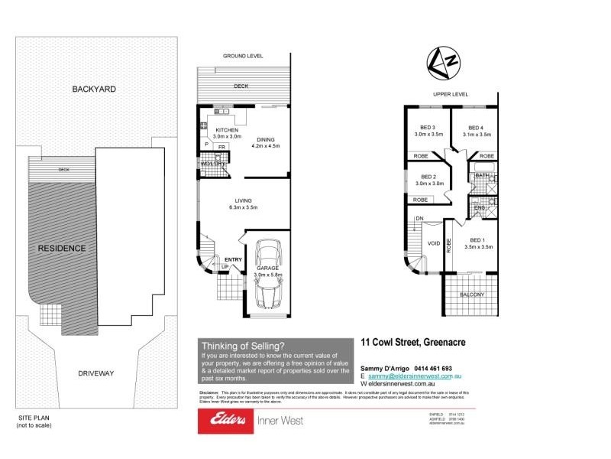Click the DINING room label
coord(266,139)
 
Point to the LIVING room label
coord(243,200)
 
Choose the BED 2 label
coord(428,177)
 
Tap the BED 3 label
coord(428,128)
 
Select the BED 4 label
coord(476,128)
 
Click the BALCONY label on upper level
coord(470,295)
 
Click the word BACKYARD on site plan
coord(94,89)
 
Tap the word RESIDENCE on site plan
coord(62,248)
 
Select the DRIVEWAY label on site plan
coord(96,373)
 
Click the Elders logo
coord(222,420)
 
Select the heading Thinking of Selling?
coord(243,346)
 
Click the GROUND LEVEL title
coord(243,57)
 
